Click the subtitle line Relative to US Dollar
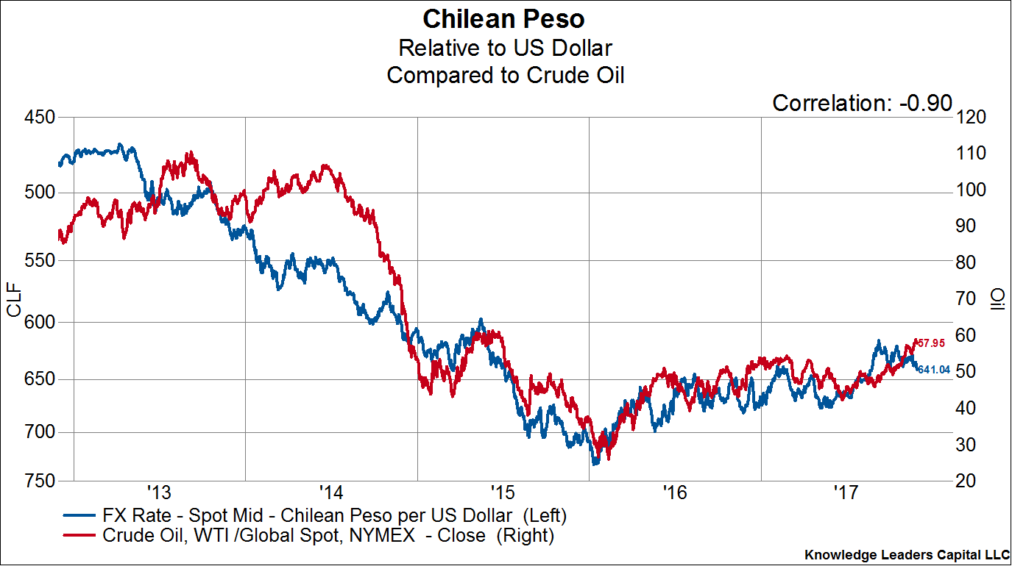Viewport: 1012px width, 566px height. coord(505,48)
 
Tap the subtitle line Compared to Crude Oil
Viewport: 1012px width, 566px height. coord(505,75)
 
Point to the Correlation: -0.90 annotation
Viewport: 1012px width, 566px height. coord(862,104)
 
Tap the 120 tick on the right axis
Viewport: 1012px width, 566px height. coord(974,118)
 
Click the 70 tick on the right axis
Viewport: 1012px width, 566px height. coord(970,299)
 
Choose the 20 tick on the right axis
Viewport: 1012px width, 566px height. coord(970,481)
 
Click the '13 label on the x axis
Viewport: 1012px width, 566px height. coord(159,491)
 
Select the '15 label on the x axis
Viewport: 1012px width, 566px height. coord(503,491)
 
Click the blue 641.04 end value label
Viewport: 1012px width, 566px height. coord(933,369)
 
